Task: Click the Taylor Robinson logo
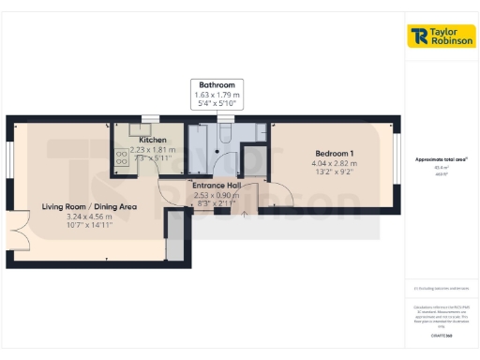pos(442,37)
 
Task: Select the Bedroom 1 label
pos(334,153)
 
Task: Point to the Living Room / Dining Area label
pos(89,206)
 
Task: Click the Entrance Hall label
pos(217,185)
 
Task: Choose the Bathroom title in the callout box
pos(216,85)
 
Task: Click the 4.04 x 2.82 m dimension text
pos(334,163)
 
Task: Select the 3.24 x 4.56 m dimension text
pos(89,217)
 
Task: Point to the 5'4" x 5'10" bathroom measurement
pos(216,104)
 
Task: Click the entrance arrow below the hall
pos(245,214)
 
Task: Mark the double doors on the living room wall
pos(15,224)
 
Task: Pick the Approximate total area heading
pos(441,159)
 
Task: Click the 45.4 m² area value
pos(441,168)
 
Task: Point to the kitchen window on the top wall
pos(149,118)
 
